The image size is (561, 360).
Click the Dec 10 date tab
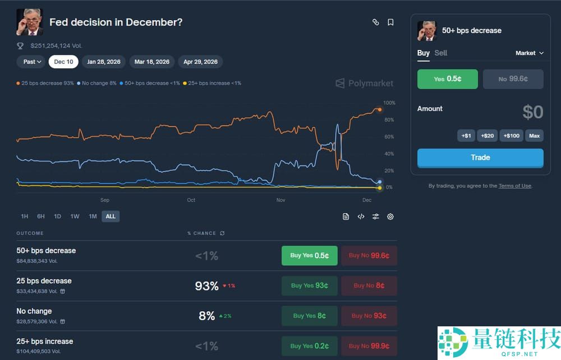63,62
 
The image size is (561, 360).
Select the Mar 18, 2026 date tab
151,62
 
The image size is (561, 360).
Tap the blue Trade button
480,158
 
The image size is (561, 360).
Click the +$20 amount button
488,136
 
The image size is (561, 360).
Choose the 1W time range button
75,216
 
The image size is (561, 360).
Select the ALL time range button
111,216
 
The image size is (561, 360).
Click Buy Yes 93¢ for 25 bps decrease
309,285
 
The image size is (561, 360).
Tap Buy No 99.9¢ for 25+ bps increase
369,346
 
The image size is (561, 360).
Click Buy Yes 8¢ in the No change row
309,316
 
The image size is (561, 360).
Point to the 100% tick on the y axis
389,103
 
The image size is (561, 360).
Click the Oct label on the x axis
191,200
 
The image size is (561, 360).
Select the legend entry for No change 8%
97,83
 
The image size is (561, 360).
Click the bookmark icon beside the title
390,22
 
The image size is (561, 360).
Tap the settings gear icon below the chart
390,216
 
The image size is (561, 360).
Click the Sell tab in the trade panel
441,53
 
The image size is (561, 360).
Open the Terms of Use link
515,186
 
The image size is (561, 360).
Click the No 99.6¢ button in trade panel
513,79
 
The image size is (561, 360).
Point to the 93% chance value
206,286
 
